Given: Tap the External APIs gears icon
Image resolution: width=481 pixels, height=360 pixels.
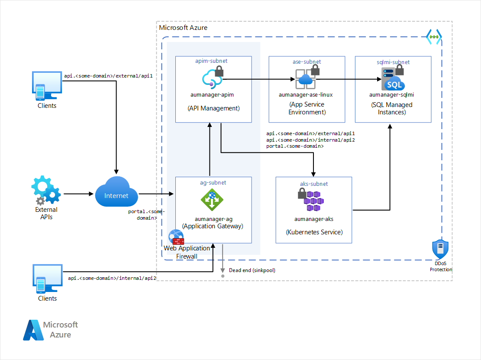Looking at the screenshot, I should click(45, 190).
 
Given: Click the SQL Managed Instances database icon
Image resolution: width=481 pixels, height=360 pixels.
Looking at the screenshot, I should click(393, 79).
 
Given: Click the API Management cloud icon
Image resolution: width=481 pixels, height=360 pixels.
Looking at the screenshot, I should click(212, 79).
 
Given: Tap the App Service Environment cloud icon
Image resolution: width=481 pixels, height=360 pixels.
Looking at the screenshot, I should click(306, 79).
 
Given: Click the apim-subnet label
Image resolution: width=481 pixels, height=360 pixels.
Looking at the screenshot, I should click(212, 62).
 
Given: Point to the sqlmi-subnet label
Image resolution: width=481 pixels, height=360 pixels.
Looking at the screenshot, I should click(393, 62).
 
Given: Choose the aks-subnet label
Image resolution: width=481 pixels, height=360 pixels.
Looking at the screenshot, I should click(314, 184).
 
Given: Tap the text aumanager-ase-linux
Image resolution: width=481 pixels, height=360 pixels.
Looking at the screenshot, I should click(306, 94).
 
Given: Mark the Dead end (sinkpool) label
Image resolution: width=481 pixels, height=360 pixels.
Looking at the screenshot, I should click(252, 270).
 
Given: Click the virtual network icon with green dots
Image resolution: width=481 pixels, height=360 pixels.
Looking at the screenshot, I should click(433, 37).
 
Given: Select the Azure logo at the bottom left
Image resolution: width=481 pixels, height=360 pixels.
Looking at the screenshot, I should click(34, 330).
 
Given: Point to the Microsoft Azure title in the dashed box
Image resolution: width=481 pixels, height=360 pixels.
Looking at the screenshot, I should click(183, 28).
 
